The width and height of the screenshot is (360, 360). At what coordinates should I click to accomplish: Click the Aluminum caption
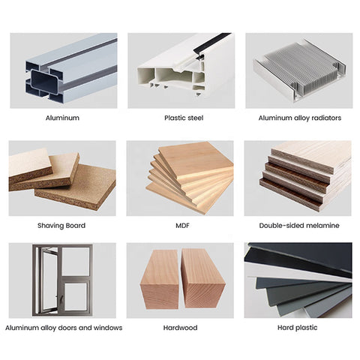coord(62,118)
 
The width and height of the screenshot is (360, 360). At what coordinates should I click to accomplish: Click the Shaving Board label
coord(61,226)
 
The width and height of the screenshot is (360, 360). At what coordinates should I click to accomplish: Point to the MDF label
coord(182,226)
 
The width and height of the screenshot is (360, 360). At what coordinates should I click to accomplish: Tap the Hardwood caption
coord(180,328)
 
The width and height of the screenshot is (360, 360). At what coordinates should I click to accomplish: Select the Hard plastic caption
coord(297,328)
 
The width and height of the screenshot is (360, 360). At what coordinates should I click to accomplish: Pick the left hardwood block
coord(160,280)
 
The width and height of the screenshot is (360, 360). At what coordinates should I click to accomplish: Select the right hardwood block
coord(202,279)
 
